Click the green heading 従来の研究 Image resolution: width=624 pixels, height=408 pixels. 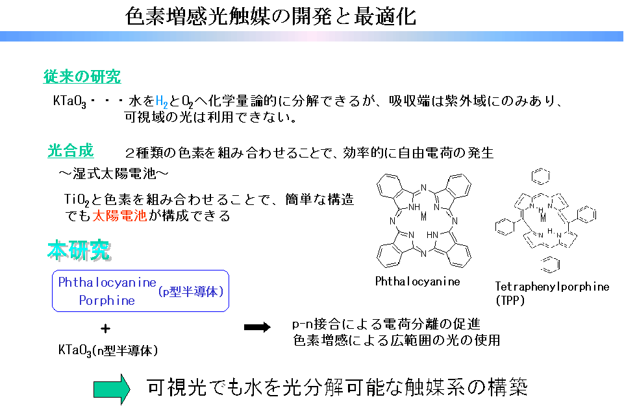pos(82,77)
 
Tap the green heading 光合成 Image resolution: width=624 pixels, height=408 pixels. pos(70,151)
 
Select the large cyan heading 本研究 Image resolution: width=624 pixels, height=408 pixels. pos(78,250)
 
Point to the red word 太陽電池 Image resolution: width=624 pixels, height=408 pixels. pos(119,216)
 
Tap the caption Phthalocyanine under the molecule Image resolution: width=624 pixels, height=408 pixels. pos(418,282)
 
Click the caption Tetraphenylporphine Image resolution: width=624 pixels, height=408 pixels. pos(553,286)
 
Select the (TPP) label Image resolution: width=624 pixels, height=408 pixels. pos(510,300)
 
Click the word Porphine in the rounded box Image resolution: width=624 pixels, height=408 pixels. pos(107,300)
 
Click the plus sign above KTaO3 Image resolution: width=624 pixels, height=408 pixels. pos(105,328)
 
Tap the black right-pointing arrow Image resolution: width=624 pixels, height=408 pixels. pos(257,328)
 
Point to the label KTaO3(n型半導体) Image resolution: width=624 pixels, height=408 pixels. pos(108,350)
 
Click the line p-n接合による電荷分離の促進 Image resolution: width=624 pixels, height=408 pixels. pos(386,324)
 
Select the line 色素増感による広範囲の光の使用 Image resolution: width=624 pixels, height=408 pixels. pos(396,339)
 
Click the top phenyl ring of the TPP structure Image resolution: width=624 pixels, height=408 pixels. pos(542,176)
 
